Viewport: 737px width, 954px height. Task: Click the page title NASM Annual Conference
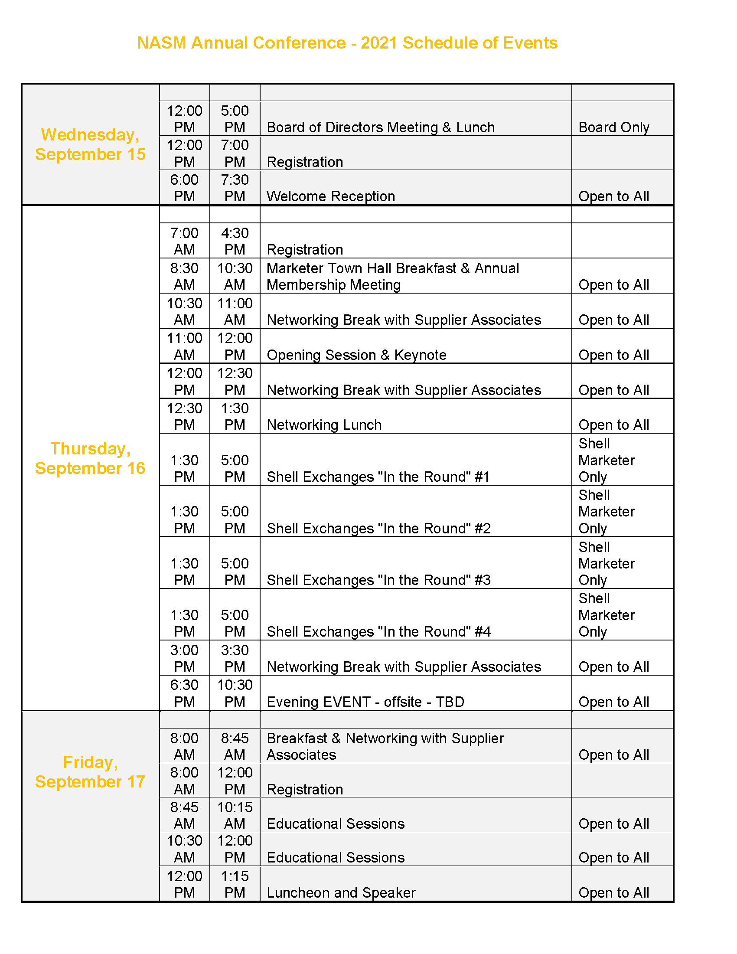tap(347, 43)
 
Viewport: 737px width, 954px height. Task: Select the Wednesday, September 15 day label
tap(90, 144)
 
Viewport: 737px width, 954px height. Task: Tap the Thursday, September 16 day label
tap(90, 458)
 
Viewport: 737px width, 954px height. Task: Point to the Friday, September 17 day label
tap(90, 772)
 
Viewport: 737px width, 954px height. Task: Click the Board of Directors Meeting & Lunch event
tap(381, 127)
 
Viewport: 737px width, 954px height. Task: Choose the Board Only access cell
tap(614, 127)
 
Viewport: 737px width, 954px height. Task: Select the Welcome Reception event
tap(331, 196)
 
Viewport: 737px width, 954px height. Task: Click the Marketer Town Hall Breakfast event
tap(393, 276)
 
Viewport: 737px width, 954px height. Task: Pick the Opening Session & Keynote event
tap(357, 355)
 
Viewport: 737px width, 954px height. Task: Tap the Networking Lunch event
tap(324, 425)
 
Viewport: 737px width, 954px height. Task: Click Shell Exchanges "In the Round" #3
tap(379, 580)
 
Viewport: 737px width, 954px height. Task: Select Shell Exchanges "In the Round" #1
tap(378, 477)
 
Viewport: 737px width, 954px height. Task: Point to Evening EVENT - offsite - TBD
tap(365, 702)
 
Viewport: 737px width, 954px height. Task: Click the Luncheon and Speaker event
tap(341, 892)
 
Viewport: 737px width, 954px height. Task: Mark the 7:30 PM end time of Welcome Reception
tap(235, 188)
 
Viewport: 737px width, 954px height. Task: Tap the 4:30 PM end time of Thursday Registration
tap(235, 241)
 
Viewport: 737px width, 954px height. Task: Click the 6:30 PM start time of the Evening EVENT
tap(184, 693)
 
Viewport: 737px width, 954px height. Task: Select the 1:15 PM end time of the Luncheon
tap(235, 884)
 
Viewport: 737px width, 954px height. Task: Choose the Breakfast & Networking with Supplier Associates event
tap(385, 746)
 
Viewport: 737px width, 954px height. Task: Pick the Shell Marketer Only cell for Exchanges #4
tap(607, 614)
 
